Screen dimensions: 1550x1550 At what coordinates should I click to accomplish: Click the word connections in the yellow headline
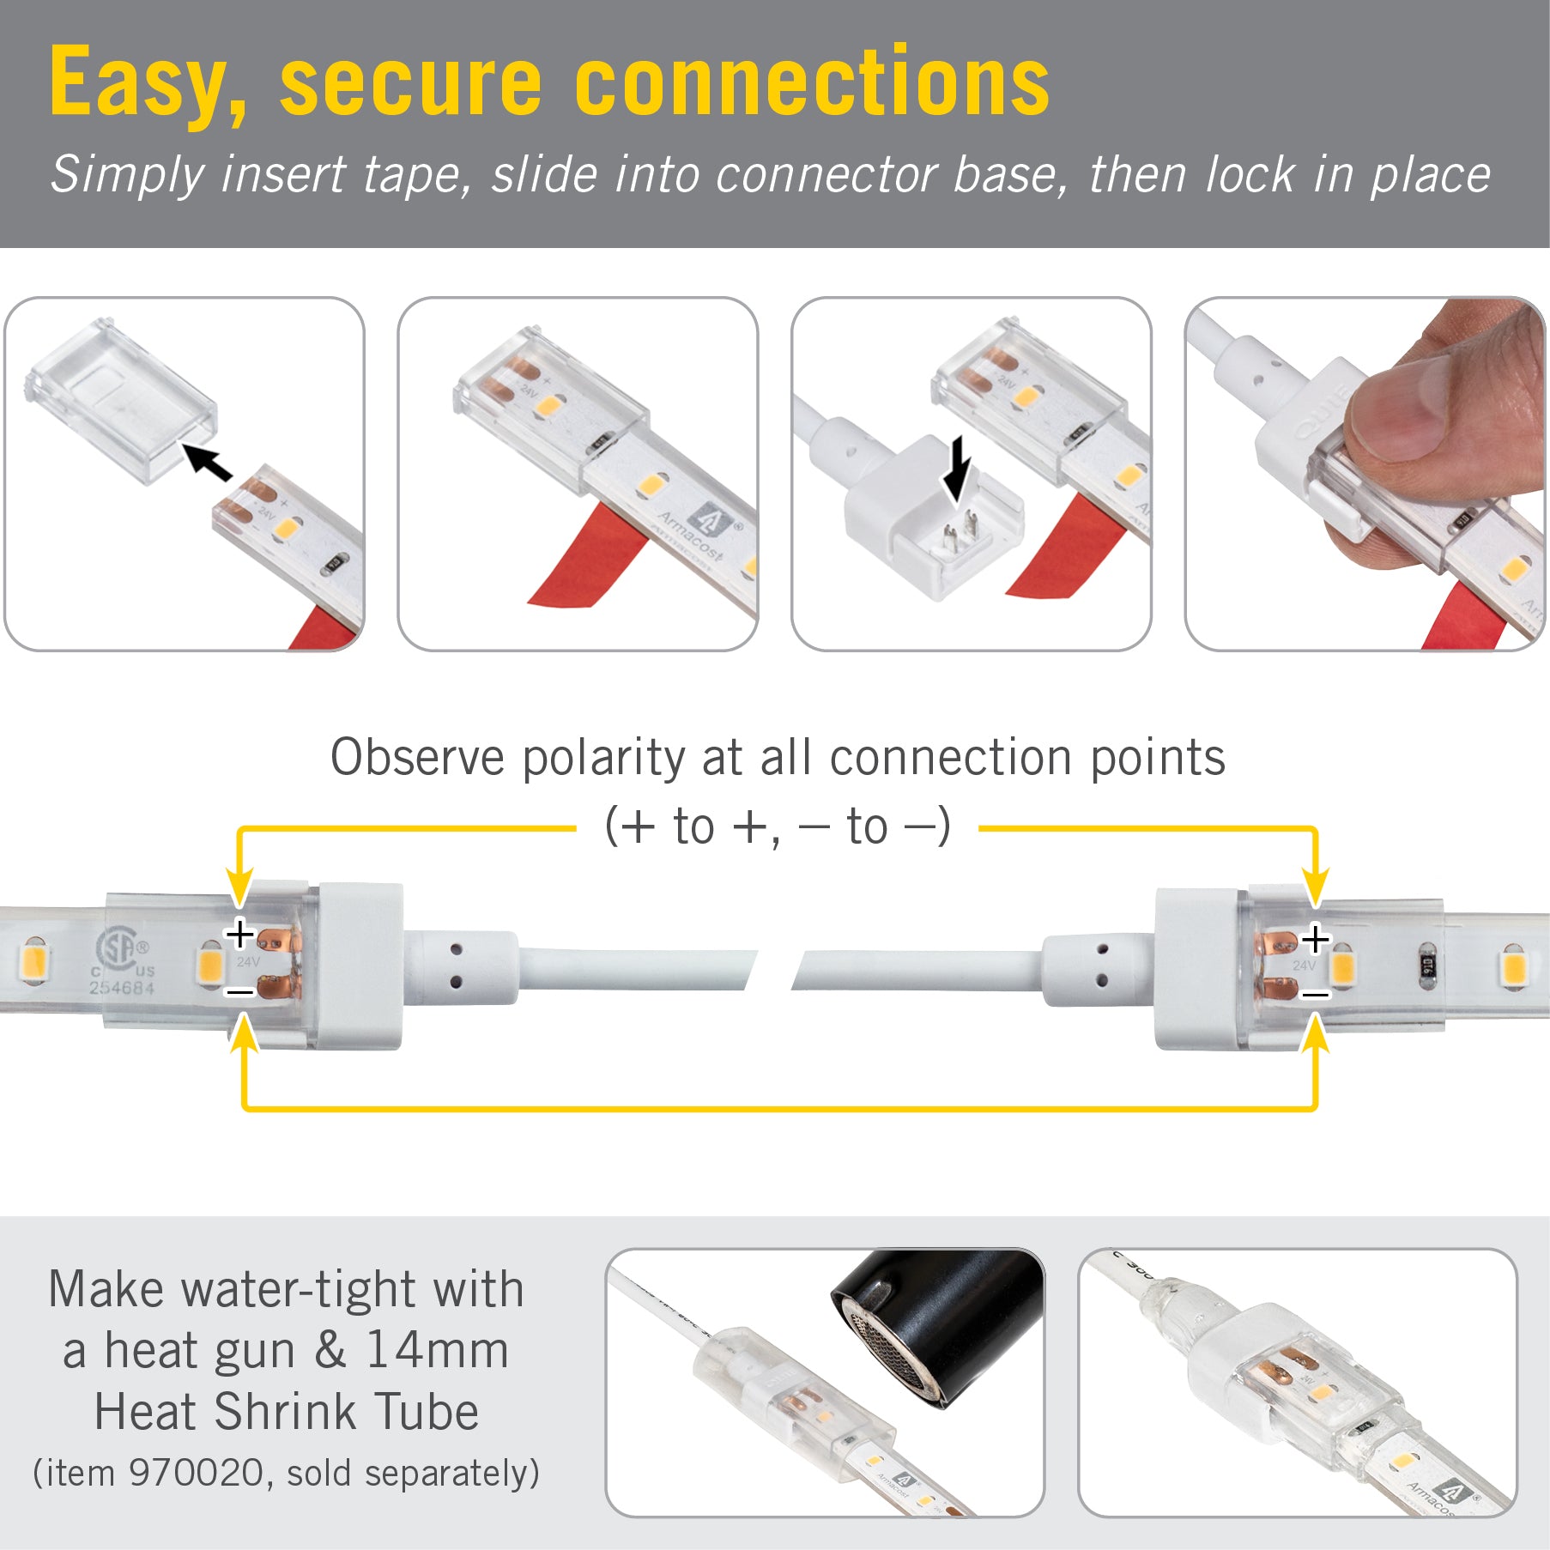811,82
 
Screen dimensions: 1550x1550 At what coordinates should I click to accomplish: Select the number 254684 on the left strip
122,988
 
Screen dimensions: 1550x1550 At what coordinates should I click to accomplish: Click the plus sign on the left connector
239,934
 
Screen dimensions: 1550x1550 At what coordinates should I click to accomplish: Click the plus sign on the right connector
1315,940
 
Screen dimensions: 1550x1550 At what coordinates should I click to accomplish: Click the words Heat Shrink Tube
286,1413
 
